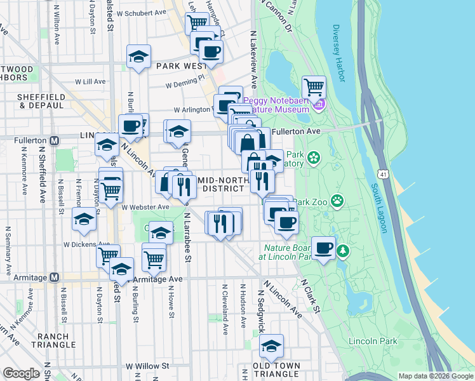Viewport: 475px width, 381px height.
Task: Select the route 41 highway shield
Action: click(x=382, y=173)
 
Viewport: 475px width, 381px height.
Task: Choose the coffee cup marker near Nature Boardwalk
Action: click(x=324, y=248)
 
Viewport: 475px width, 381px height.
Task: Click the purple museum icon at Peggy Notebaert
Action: click(x=319, y=104)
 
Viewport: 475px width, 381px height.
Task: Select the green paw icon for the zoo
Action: click(x=337, y=202)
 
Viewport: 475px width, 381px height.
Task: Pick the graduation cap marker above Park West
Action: click(x=138, y=57)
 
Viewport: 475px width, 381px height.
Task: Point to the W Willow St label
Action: click(x=147, y=366)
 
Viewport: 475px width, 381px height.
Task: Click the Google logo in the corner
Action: click(x=21, y=373)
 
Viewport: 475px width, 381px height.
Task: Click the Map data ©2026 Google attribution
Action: click(x=435, y=376)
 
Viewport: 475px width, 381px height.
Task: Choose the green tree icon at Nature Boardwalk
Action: click(x=344, y=251)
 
